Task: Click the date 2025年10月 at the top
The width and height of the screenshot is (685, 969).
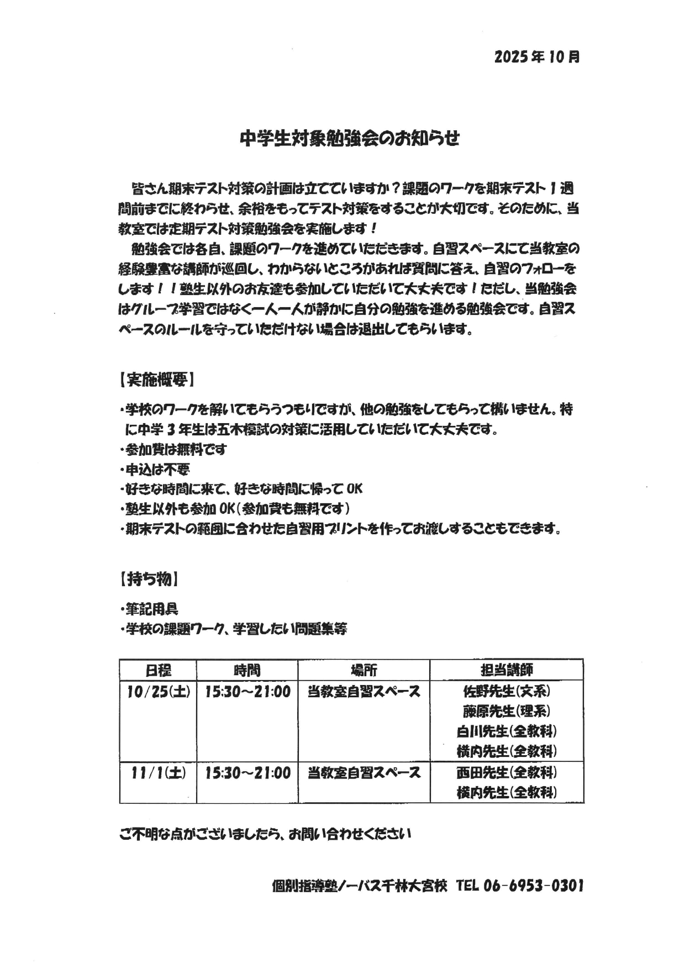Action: [537, 57]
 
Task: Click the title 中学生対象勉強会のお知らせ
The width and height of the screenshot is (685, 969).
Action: [350, 139]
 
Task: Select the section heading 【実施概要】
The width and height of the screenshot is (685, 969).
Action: [156, 380]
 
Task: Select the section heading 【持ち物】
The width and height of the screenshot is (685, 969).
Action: [149, 580]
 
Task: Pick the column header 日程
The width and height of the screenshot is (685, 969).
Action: [158, 670]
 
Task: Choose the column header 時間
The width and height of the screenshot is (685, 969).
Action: [247, 670]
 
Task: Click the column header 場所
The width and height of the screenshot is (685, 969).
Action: [363, 670]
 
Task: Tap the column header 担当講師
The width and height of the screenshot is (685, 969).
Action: [507, 670]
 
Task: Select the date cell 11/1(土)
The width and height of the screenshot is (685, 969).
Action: [159, 773]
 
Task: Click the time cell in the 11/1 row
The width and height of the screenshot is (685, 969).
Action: [247, 773]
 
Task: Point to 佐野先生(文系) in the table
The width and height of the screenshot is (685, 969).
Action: [507, 691]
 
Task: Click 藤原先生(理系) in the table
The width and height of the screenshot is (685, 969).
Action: [507, 711]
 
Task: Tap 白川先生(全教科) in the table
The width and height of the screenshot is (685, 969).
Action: [507, 731]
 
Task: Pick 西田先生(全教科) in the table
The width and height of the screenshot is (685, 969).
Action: [507, 772]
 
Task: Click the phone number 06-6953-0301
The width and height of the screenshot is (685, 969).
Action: [533, 886]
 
